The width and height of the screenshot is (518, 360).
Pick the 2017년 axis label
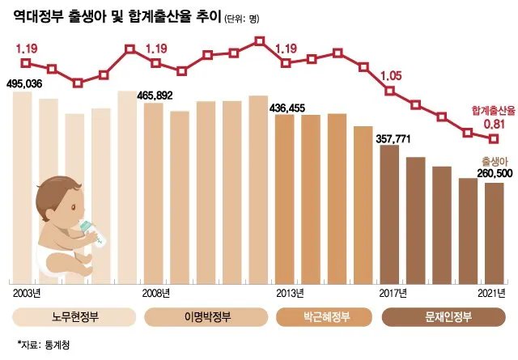pyautogui.click(x=393, y=292)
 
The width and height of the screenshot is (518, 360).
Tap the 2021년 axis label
pyautogui.click(x=492, y=292)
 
